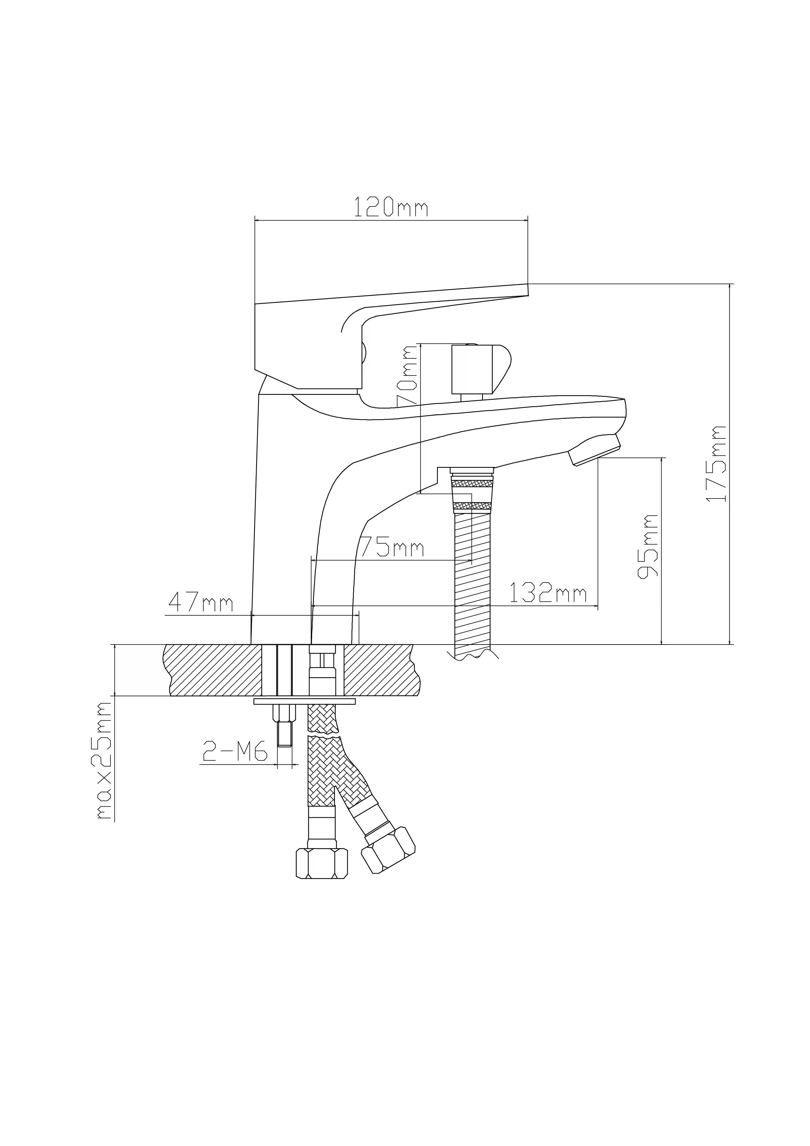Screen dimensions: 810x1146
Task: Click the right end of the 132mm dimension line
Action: [598, 606]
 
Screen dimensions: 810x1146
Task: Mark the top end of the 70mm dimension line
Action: [421, 343]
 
